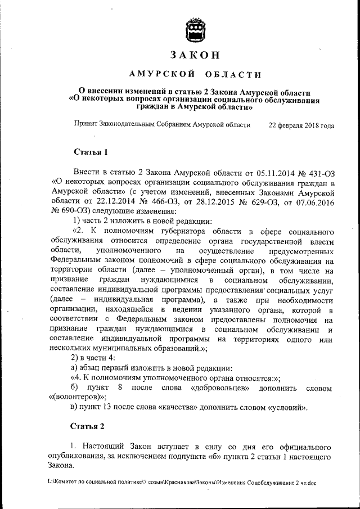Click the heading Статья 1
(91, 152)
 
